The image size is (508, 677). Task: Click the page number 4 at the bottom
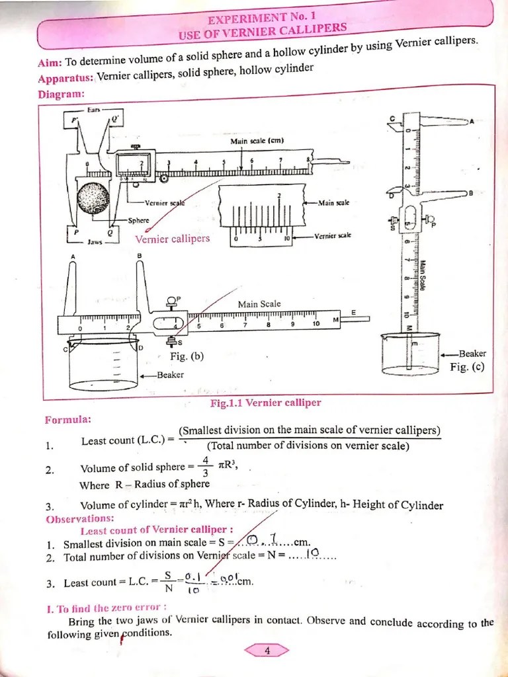[267, 651]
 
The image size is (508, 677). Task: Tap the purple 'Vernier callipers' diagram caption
[172, 239]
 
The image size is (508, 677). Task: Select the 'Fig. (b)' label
[187, 356]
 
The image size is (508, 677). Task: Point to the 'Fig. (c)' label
[468, 367]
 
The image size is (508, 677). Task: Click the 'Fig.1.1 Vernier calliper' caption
[265, 403]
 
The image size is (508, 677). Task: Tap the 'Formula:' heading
[68, 420]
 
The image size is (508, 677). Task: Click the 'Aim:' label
[50, 63]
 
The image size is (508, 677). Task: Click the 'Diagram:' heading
[62, 94]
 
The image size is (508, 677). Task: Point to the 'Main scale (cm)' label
[257, 141]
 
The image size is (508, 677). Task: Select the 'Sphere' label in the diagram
[138, 221]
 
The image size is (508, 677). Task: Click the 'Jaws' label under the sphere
[95, 243]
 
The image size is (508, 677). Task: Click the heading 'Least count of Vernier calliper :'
[156, 530]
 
